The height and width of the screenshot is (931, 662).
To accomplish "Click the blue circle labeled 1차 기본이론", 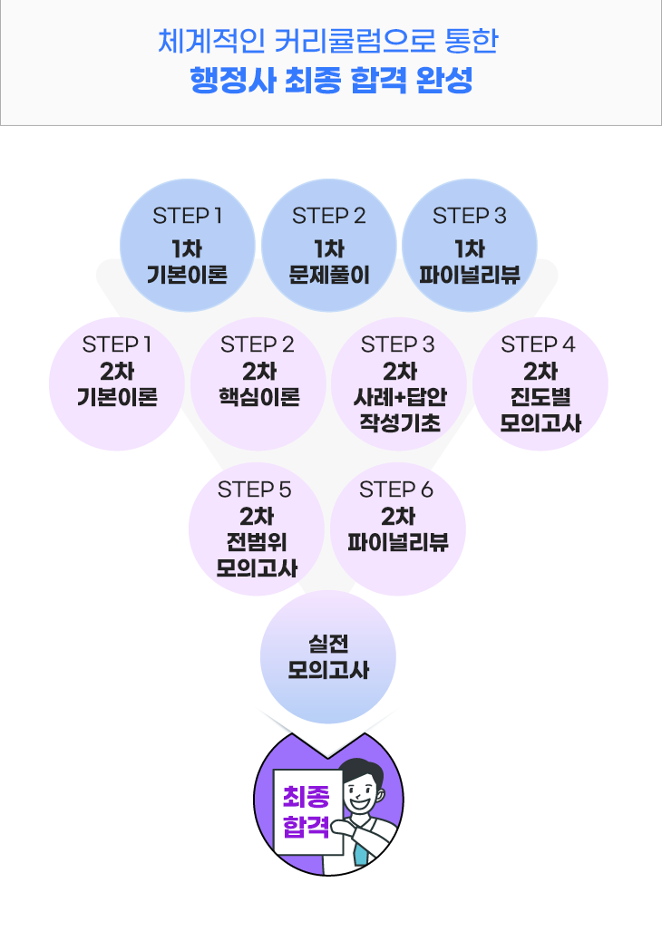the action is (x=188, y=246).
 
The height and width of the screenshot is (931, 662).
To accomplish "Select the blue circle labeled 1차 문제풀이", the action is (x=329, y=246).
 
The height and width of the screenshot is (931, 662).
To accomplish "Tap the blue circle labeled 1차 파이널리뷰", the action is (x=470, y=246).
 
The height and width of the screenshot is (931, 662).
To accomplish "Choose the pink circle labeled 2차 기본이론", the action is (x=117, y=384).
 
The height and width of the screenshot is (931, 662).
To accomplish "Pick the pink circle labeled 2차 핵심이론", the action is (x=258, y=384).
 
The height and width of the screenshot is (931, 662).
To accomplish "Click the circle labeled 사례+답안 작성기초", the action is (x=399, y=384).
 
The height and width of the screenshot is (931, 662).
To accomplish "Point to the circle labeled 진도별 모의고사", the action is (x=540, y=384).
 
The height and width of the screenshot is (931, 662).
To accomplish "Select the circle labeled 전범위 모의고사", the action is (x=257, y=529).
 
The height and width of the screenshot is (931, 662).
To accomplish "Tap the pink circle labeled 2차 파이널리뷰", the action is (x=398, y=529).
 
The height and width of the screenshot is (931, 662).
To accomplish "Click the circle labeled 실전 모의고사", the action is (x=328, y=656).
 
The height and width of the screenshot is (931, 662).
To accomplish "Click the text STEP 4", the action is (x=538, y=344).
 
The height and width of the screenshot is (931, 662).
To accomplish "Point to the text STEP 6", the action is (x=396, y=490).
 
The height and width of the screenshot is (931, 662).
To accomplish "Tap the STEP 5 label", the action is (x=255, y=490).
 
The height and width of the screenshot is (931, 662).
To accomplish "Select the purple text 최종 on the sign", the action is (x=306, y=796).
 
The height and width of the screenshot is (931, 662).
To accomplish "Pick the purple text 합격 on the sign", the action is (x=306, y=826).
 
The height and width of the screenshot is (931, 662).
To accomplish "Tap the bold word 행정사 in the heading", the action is (x=233, y=80).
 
